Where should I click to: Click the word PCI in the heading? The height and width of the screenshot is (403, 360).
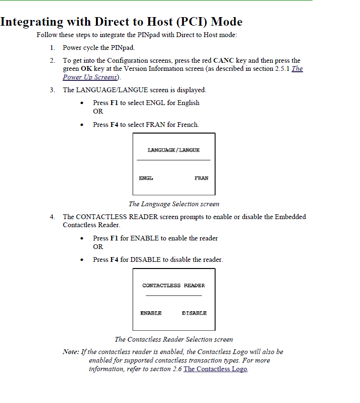(194, 22)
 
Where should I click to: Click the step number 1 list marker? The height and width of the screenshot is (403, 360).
(52, 48)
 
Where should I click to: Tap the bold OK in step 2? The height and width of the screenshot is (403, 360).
(86, 68)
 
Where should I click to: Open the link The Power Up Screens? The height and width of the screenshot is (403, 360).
(90, 77)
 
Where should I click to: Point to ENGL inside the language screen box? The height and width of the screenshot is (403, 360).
(146, 178)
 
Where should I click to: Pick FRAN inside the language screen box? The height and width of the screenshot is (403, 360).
(201, 178)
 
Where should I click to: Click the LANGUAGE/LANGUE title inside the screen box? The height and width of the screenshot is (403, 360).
(173, 150)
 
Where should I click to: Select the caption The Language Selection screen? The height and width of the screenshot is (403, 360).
(174, 204)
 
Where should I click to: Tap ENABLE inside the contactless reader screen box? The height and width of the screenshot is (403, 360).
(151, 313)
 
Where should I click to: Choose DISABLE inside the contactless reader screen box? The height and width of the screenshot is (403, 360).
(194, 313)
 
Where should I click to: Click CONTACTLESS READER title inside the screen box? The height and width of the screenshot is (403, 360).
(173, 286)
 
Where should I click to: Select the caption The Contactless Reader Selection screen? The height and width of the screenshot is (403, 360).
(174, 339)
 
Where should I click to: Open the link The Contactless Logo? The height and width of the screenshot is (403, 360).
(215, 369)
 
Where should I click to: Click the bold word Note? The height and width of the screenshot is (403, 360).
(70, 352)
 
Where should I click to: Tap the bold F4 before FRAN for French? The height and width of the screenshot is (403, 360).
(114, 125)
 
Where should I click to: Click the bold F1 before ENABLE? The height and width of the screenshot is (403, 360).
(114, 238)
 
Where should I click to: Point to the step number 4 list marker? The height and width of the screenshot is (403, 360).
(52, 217)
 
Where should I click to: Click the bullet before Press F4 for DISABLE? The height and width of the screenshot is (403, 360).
(83, 260)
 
